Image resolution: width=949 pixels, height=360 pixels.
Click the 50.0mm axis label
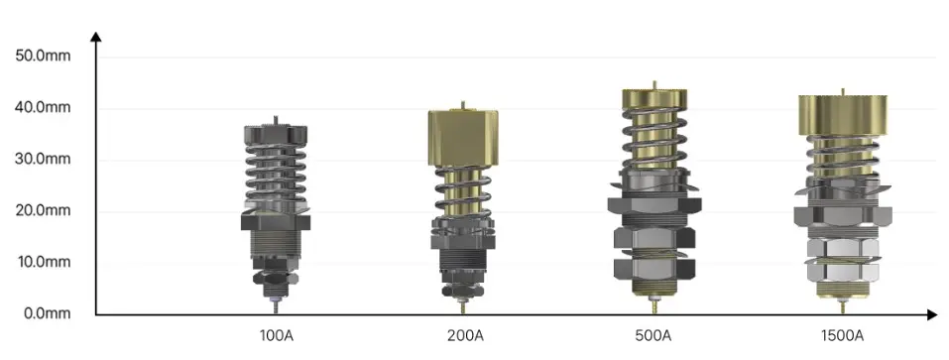click(x=43, y=56)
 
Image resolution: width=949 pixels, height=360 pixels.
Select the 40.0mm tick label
click(x=43, y=108)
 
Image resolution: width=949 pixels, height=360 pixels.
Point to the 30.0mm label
click(x=43, y=159)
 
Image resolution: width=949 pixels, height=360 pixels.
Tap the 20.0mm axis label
click(x=43, y=210)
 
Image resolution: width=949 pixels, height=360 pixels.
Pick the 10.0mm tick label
click(x=43, y=262)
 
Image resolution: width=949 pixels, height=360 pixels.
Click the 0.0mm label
click(x=46, y=313)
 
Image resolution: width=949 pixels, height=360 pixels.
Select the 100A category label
click(x=276, y=335)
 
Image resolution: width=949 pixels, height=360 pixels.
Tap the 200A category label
click(x=465, y=335)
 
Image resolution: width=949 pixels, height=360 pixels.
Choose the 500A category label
click(x=653, y=335)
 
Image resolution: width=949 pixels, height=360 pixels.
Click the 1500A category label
click(x=842, y=335)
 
